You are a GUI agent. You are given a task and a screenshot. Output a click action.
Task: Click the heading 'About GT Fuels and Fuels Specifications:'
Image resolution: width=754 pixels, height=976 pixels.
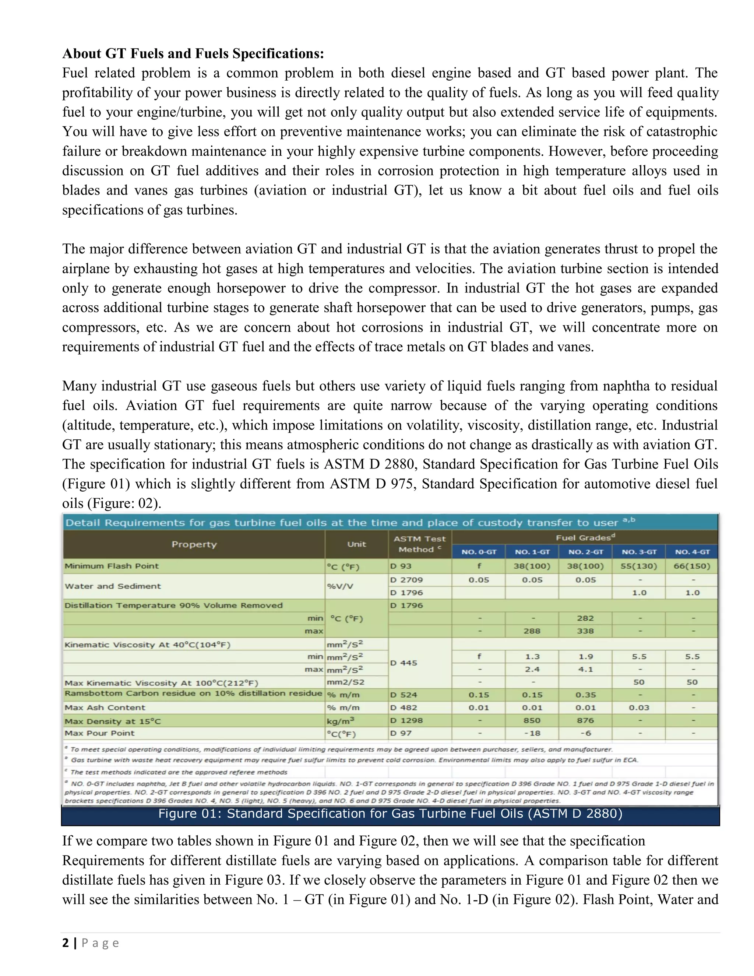coord(193,54)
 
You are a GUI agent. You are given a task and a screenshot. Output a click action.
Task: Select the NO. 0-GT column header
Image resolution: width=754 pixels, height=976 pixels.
coord(478,552)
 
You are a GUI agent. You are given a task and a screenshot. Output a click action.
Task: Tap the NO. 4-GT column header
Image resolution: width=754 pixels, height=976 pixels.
coord(692,552)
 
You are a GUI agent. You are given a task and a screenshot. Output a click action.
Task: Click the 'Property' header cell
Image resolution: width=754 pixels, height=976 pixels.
coord(194,544)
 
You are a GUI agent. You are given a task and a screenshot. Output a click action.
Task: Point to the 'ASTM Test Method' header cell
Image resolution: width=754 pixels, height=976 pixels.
coord(419,544)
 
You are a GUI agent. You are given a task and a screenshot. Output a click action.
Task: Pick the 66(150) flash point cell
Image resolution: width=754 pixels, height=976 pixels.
coord(692,566)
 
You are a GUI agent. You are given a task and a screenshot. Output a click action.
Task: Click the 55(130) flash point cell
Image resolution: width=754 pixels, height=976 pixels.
coord(639,566)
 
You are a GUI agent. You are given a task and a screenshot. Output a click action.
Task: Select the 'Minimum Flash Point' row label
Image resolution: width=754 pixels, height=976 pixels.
coord(112,566)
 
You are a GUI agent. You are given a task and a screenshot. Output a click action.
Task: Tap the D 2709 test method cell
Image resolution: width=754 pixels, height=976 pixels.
coord(406,580)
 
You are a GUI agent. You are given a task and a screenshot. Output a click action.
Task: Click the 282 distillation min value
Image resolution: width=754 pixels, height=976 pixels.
coord(585,618)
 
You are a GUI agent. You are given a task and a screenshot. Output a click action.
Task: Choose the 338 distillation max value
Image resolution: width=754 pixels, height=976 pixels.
coord(585,631)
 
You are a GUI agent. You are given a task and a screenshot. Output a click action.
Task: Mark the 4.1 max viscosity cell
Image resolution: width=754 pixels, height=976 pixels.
coord(585,670)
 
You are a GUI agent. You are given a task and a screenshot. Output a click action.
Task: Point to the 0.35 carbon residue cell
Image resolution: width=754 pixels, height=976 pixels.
coord(585,695)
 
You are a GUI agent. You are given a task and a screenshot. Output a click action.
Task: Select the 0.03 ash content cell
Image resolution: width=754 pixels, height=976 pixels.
coord(639,708)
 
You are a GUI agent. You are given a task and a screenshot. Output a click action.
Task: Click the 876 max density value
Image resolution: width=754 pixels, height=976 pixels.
coord(585,721)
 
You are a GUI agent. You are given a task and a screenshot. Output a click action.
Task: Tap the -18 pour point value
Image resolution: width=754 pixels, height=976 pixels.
coord(532,733)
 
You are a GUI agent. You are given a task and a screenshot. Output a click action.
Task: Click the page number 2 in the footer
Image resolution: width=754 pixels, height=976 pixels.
coord(66,943)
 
